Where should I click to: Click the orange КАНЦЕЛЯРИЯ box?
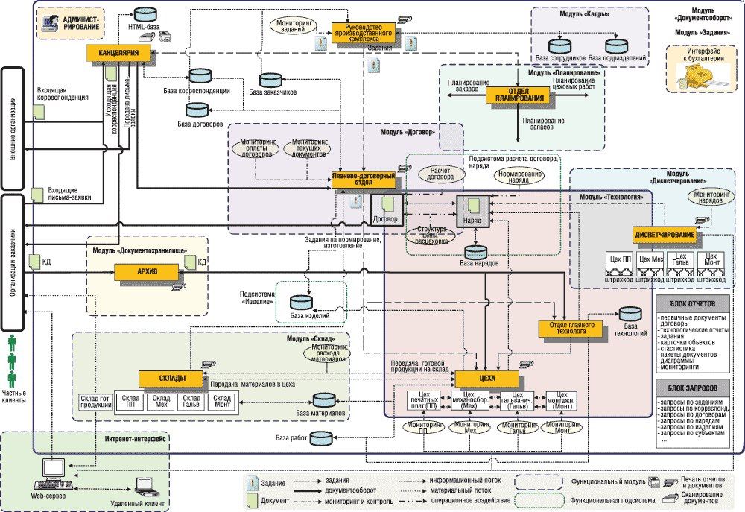coord(120,53)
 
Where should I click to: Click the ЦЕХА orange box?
coord(487,379)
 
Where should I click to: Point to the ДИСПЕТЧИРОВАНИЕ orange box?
coord(665,236)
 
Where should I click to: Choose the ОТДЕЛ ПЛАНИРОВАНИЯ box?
coord(519,95)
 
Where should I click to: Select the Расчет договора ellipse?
coord(440,174)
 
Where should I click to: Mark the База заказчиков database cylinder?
coord(268,80)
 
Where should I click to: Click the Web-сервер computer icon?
coord(53,470)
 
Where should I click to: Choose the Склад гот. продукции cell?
coord(95,403)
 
